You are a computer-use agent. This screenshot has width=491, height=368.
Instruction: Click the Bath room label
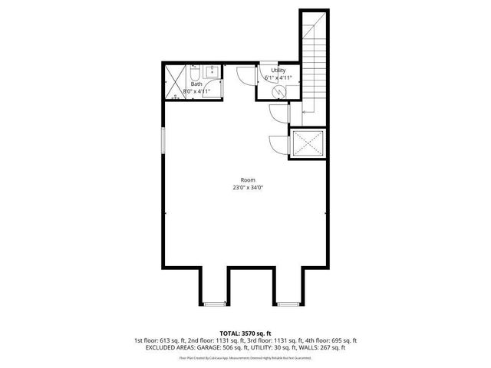(196, 84)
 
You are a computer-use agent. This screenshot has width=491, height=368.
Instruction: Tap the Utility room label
(278, 70)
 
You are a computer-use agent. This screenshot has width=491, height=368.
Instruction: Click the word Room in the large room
(248, 180)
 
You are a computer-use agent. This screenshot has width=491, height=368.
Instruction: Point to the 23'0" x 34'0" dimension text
(248, 188)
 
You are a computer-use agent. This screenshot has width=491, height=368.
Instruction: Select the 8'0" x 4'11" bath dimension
(196, 91)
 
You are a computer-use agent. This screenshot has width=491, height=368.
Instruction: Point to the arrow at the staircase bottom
(307, 113)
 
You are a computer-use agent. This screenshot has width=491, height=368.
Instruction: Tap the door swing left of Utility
(245, 75)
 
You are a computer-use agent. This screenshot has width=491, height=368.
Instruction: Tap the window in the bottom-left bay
(215, 304)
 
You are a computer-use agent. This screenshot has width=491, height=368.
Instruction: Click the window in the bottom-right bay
(288, 304)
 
